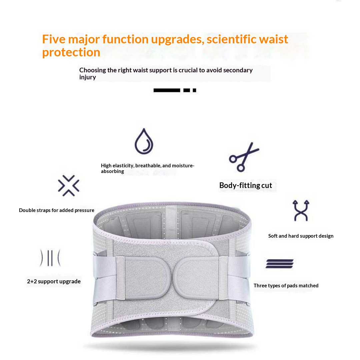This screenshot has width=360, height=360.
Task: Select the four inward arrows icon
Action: (x=69, y=186)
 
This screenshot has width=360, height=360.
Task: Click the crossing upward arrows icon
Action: (x=301, y=211)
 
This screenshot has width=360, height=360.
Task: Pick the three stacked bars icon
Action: (x=279, y=264)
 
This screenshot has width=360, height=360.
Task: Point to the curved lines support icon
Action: (x=50, y=258)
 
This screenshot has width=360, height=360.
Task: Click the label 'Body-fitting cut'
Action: (x=246, y=185)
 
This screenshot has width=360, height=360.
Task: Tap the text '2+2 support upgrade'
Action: (x=54, y=281)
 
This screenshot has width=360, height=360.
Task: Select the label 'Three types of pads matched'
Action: (x=286, y=286)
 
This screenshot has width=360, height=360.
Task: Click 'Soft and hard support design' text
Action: (x=301, y=236)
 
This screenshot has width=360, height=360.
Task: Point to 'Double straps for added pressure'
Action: (x=56, y=210)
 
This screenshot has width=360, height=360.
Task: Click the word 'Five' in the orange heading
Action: (x=54, y=39)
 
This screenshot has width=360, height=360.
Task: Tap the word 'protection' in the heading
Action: (x=71, y=52)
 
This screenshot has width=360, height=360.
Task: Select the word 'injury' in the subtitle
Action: (x=87, y=77)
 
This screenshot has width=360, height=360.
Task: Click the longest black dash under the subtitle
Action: (x=167, y=90)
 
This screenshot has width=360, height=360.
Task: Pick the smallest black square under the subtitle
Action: (x=194, y=90)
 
